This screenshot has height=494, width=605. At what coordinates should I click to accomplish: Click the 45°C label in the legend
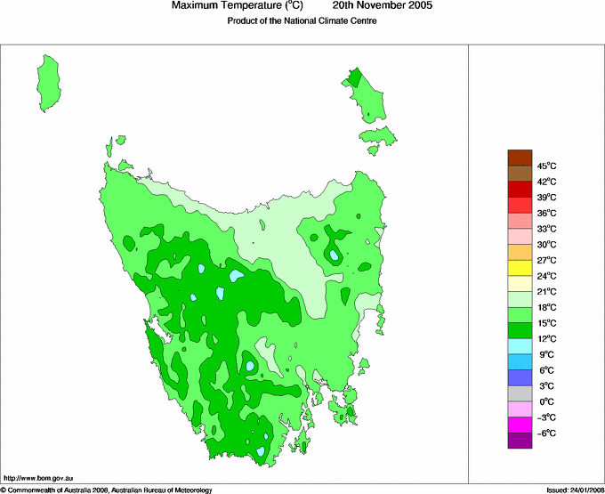point(546,166)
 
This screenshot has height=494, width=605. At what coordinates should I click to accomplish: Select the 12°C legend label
point(546,338)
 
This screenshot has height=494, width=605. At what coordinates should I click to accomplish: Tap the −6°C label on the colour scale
point(546,433)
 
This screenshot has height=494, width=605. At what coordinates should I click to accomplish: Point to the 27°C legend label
point(546,260)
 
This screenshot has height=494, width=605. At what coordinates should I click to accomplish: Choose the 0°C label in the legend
point(546,401)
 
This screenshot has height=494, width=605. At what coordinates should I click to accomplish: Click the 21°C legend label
point(546,291)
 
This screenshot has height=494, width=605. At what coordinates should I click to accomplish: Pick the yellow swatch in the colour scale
point(520,267)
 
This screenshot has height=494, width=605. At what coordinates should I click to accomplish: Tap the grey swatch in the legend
point(520,393)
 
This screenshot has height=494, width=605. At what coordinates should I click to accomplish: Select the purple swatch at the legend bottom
point(520,440)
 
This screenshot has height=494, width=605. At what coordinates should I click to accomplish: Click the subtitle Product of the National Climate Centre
point(302,20)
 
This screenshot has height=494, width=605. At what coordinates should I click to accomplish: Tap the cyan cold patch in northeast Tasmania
point(334,255)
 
